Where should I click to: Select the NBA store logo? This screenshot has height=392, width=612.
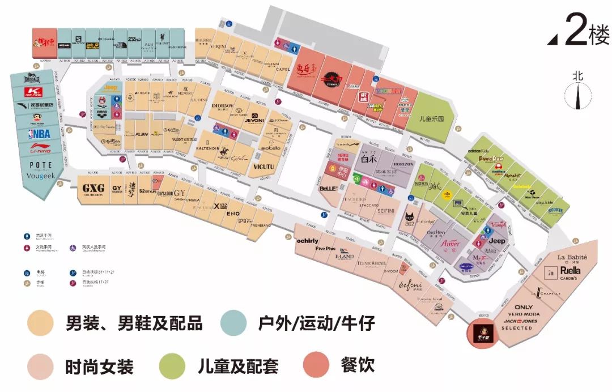coord(38,134)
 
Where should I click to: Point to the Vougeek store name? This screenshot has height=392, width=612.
coord(38,176)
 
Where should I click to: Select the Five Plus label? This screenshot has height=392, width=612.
coord(325,248)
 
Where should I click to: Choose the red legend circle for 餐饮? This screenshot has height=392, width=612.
coord(316,365)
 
